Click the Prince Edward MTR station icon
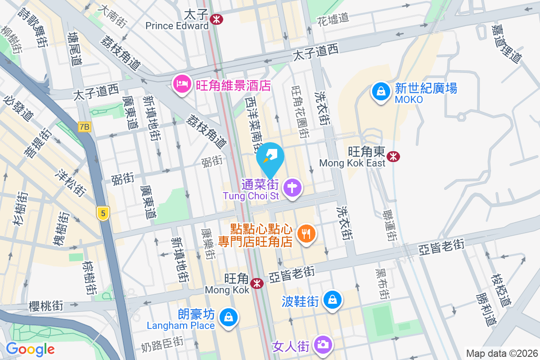click(x=216, y=18)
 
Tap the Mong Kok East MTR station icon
click(x=394, y=156)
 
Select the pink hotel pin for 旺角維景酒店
click(x=182, y=84)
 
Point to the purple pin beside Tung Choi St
click(x=293, y=186)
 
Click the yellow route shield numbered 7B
click(x=84, y=127)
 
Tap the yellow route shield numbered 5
click(x=103, y=213)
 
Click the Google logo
click(x=30, y=349)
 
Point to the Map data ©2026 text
click(x=501, y=354)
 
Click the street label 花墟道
click(x=333, y=19)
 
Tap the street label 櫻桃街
click(x=45, y=306)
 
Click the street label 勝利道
click(x=486, y=310)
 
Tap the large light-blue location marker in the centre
click(x=270, y=157)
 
